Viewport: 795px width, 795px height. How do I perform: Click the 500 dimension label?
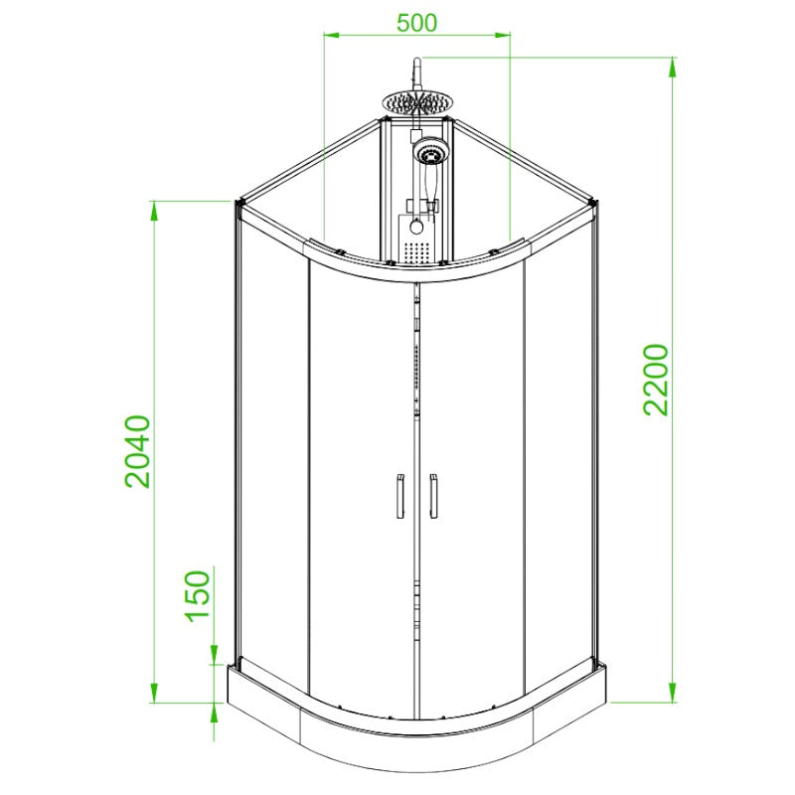[416, 23]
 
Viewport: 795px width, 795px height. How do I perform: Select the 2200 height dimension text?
[657, 380]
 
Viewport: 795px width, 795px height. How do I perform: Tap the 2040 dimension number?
[138, 452]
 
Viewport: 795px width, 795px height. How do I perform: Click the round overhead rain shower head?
[414, 102]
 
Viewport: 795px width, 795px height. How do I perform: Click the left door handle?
[400, 496]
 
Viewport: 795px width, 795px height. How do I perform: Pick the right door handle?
[433, 496]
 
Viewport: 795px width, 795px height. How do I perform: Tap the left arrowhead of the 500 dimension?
[331, 35]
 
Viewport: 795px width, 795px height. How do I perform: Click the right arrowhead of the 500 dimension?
[503, 35]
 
